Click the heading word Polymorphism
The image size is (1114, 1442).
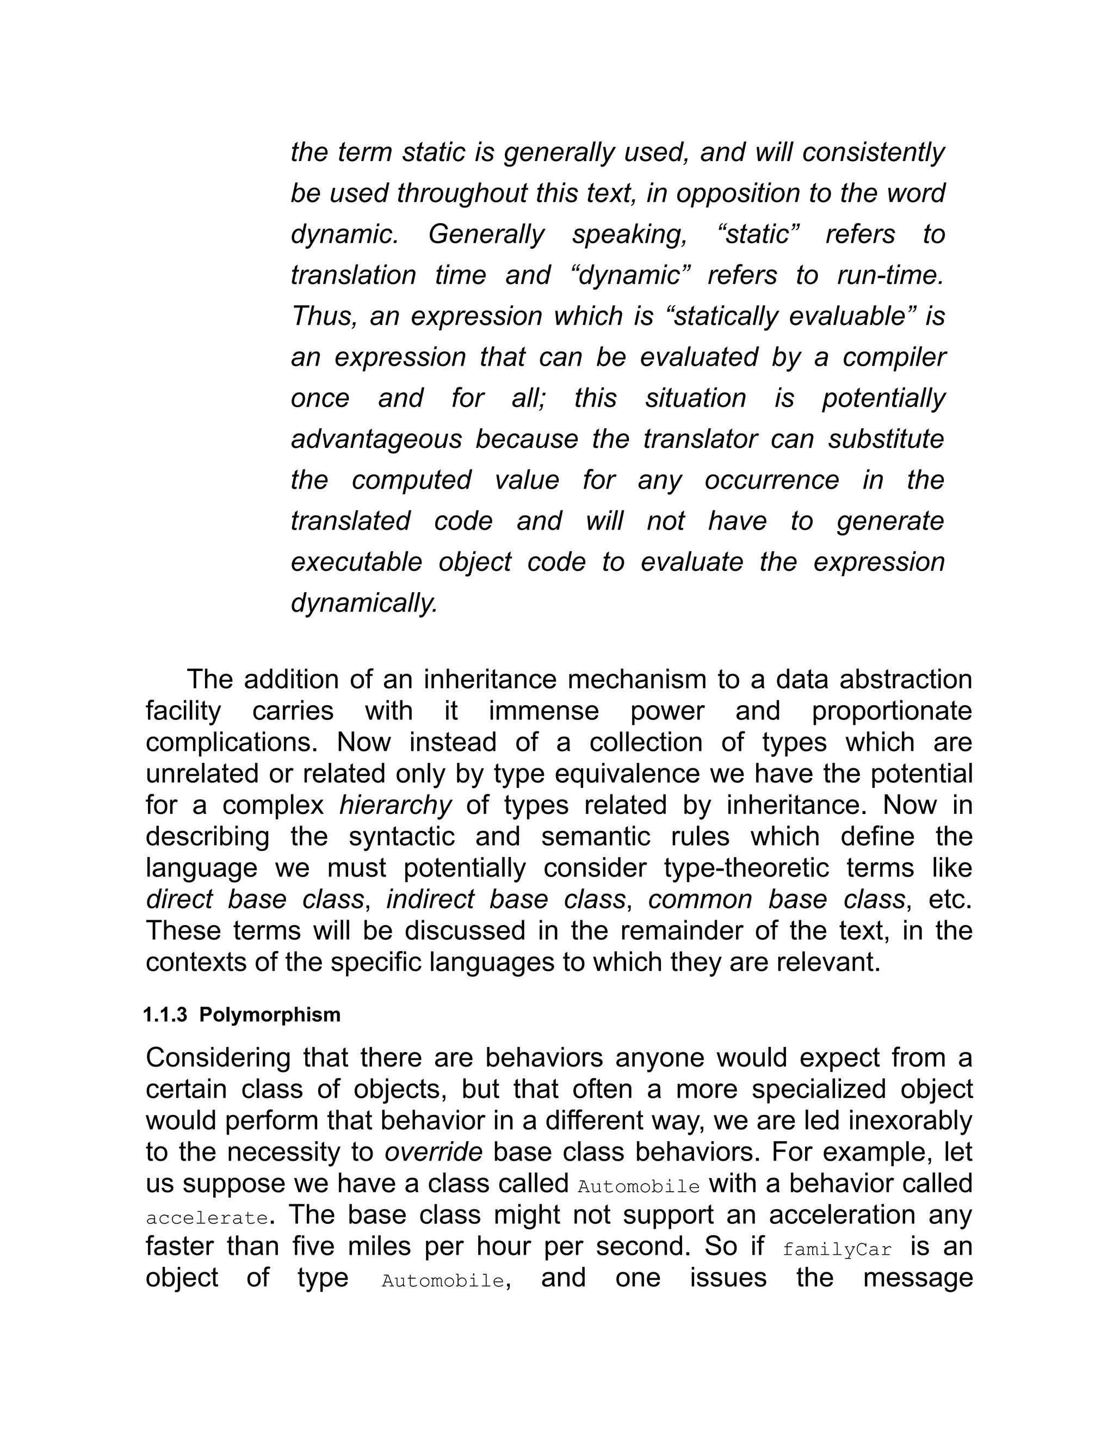(x=270, y=1014)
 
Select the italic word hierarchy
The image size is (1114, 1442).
(x=395, y=805)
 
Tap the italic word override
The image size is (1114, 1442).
(x=433, y=1152)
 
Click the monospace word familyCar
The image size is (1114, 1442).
(x=837, y=1250)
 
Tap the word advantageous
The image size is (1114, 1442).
(x=376, y=439)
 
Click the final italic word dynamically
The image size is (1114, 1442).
(x=364, y=603)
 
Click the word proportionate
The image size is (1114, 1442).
(x=892, y=711)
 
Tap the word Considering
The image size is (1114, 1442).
(x=218, y=1058)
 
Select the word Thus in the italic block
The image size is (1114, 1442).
(x=324, y=316)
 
